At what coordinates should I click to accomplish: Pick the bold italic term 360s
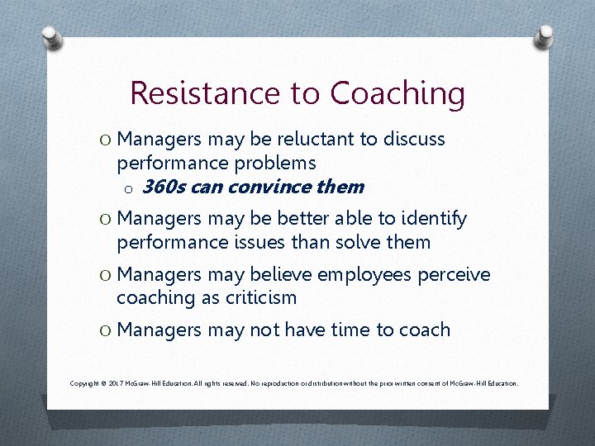pyautogui.click(x=163, y=187)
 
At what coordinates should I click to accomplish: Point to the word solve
pyautogui.click(x=364, y=242)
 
